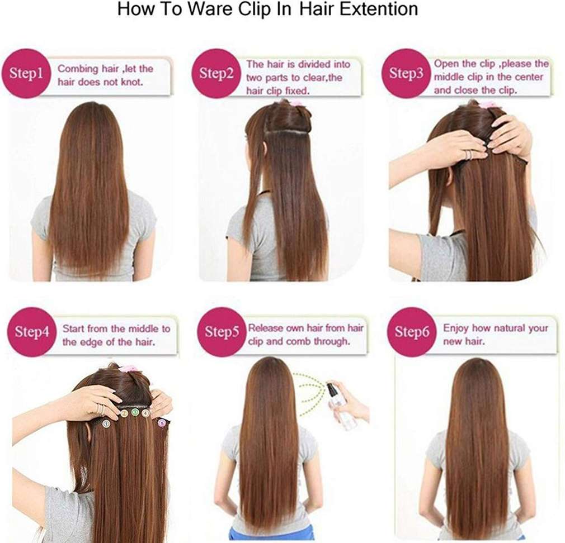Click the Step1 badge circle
pos(26,73)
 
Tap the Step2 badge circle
pos(216,73)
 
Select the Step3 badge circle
pos(406,73)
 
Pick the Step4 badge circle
pos(31,331)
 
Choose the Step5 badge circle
pos(222,331)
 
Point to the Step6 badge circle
pos(412,331)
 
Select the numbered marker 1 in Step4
pos(106,423)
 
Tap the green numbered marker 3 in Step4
pos(135,412)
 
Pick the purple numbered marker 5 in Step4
pos(163,423)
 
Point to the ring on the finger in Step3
pos(468,154)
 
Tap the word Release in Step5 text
pos(266,328)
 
